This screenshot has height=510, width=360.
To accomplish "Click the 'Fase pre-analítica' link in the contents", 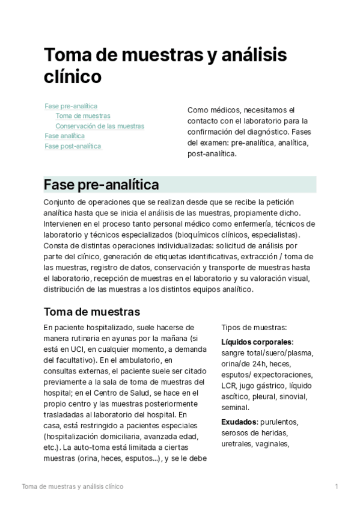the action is point(71,106).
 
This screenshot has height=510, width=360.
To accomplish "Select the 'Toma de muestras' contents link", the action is point(82,116).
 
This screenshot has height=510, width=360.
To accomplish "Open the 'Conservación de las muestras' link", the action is point(100,126).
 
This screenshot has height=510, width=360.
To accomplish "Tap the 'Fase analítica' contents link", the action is point(64,136).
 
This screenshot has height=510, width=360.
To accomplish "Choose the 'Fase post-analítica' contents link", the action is point(73,146).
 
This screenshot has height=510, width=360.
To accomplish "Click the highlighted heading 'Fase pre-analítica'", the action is point(102,184).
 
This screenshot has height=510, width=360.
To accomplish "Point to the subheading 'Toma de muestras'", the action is point(92,312).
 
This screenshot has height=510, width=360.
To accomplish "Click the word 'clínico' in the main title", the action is point(72,78).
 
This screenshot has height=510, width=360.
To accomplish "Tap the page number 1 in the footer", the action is point(337,486).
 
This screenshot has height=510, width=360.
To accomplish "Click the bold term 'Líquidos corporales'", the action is point(257,342).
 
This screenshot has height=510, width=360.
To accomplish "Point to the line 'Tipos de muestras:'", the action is point(254,328).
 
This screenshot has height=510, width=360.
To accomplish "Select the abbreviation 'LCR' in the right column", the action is point(229,386).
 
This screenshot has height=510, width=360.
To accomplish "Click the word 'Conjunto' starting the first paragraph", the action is point(59,202).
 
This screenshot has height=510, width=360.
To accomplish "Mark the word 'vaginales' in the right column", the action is point(272,444).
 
